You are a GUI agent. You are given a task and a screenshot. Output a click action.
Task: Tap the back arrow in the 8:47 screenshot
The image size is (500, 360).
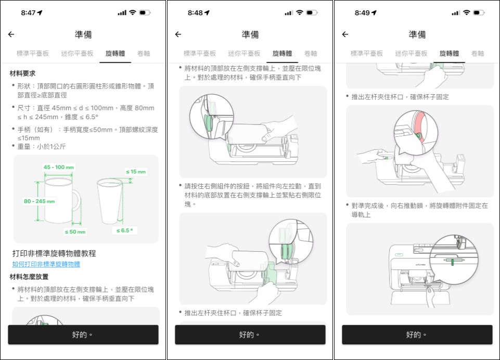pyautogui.click(x=11, y=34)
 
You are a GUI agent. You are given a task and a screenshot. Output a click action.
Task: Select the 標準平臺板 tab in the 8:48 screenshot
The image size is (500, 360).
pyautogui.click(x=200, y=53)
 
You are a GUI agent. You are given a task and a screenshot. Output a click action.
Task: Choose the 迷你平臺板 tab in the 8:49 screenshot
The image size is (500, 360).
pyautogui.click(x=411, y=53)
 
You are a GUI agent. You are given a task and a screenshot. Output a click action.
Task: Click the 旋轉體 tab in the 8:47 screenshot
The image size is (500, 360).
pyautogui.click(x=115, y=53)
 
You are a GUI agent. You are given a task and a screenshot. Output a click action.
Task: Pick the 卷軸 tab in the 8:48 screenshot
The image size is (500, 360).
pyautogui.click(x=311, y=53)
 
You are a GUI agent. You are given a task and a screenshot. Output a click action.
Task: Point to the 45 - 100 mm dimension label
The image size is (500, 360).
pyautogui.click(x=58, y=168)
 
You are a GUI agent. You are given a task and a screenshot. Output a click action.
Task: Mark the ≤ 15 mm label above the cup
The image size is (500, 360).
pyautogui.click(x=136, y=172)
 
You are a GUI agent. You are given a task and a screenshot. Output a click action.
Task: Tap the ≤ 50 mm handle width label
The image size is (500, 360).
pyautogui.click(x=75, y=232)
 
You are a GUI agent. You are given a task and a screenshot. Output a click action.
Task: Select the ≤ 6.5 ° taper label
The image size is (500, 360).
pyautogui.click(x=124, y=230)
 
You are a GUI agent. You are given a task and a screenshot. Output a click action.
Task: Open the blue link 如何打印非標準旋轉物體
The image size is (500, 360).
pyautogui.click(x=46, y=264)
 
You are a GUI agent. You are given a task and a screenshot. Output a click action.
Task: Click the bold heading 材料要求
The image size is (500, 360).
pyautogui.click(x=22, y=73)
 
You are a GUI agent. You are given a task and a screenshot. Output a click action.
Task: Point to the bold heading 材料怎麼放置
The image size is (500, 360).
pyautogui.click(x=30, y=276)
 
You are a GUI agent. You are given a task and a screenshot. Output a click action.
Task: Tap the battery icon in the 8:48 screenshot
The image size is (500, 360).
pyautogui.click(x=312, y=12)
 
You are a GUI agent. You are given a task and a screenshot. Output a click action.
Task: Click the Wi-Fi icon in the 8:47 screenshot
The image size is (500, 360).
pyautogui.click(x=133, y=12)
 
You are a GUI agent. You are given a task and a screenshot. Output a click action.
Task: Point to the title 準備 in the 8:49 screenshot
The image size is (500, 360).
pyautogui.click(x=417, y=34)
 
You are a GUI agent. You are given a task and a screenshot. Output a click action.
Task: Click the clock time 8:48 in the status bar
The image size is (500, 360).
pyautogui.click(x=195, y=12)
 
